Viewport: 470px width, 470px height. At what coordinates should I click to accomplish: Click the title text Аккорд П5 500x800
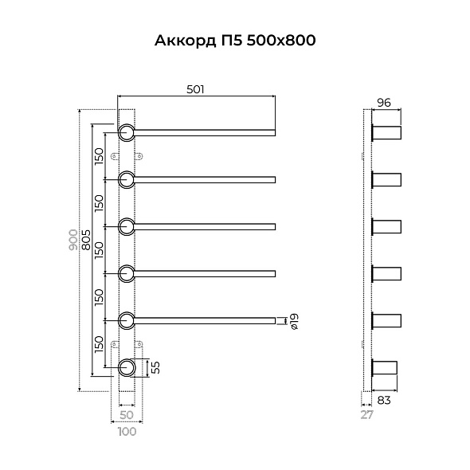235,41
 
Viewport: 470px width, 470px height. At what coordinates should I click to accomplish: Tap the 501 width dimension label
196,90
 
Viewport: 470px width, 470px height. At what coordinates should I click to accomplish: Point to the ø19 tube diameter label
294,321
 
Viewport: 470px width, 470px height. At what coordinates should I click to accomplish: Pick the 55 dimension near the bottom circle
156,367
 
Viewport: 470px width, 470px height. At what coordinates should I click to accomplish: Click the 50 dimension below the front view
127,415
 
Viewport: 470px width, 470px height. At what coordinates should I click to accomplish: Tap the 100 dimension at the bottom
127,432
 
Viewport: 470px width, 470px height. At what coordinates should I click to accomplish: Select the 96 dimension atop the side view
383,102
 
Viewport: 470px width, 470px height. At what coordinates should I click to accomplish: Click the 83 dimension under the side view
384,401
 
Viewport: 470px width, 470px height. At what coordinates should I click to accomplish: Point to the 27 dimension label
366,415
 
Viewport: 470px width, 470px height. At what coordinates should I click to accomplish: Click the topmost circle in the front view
127,131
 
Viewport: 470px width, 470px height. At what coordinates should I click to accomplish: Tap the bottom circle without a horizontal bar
127,367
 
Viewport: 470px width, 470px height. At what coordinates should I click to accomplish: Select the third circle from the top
127,226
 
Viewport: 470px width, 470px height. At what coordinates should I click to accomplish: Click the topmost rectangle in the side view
387,131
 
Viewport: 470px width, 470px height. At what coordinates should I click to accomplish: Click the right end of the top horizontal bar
273,131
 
